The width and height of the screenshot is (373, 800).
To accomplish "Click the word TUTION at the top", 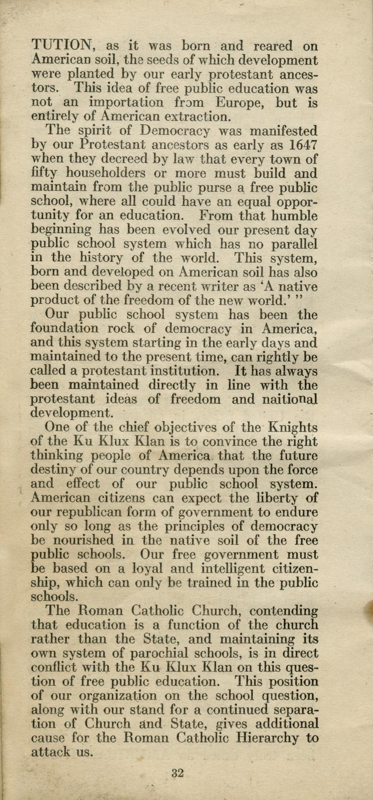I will pos(62,45).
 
